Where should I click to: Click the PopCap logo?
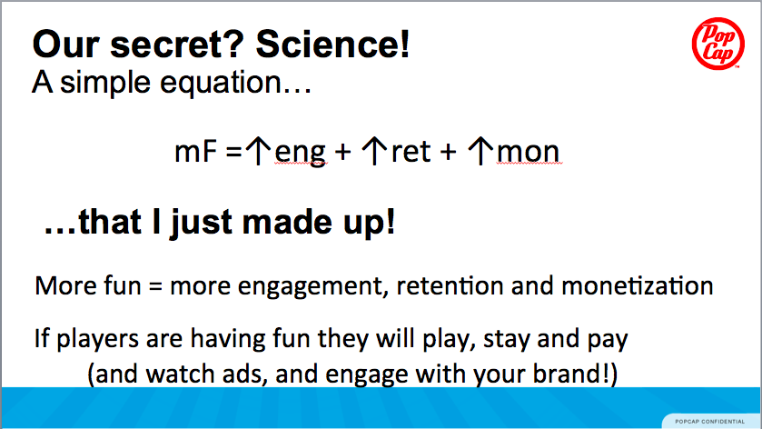click(717, 44)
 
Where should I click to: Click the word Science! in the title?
click(333, 45)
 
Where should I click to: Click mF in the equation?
click(195, 151)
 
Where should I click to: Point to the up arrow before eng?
click(258, 151)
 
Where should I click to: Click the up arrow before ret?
click(374, 151)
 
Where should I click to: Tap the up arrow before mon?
click(480, 151)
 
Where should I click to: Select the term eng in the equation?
click(301, 153)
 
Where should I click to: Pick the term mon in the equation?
click(528, 152)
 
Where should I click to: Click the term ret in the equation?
click(411, 151)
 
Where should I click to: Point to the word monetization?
click(637, 285)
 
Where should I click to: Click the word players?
click(98, 339)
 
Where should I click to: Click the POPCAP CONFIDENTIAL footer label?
click(709, 422)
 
